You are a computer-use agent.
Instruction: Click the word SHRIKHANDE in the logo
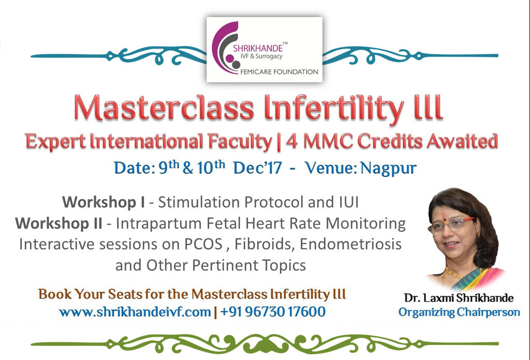(258, 48)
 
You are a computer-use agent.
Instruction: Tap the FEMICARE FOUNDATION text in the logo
(279, 71)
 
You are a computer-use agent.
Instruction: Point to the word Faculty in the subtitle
(240, 141)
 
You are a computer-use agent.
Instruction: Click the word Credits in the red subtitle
(390, 141)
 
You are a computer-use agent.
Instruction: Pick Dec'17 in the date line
(257, 168)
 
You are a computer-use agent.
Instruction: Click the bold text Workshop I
(104, 202)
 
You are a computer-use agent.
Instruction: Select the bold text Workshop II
(58, 223)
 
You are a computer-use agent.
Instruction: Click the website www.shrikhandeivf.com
(135, 312)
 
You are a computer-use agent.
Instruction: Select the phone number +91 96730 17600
(273, 311)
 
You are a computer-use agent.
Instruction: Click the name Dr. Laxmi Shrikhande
(459, 298)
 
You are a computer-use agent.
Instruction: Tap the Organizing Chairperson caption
(459, 312)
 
